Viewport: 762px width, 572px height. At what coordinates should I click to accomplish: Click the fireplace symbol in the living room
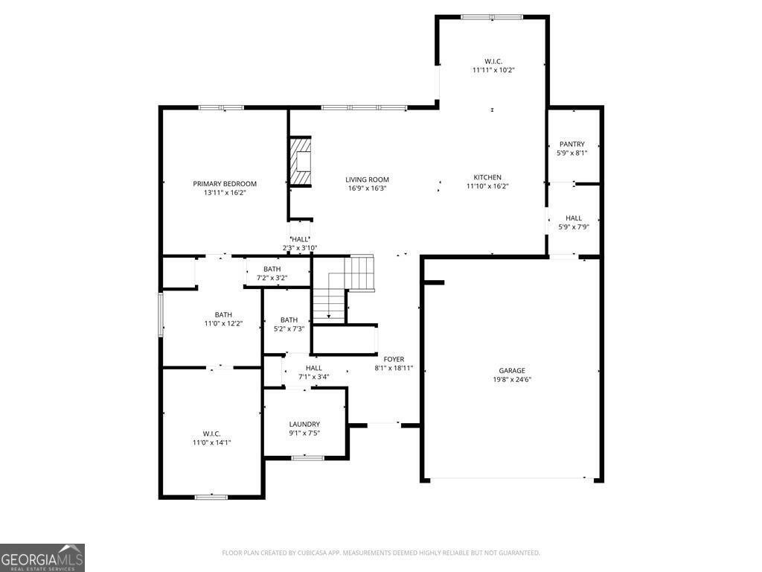pos(300,161)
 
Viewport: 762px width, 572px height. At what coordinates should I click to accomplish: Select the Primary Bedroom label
pos(225,184)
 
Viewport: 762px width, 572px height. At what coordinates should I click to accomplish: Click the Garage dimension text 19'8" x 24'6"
pos(511,379)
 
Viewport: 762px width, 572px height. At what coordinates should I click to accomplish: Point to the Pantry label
pos(572,144)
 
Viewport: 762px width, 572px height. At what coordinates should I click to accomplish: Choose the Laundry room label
pos(304,425)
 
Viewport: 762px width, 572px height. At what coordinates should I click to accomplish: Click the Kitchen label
pos(487,177)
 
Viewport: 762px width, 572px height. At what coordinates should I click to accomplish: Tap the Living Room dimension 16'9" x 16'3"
pos(367,188)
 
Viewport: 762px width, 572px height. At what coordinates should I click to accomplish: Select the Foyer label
pos(394,359)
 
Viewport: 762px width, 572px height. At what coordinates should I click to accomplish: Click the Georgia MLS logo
pos(42,558)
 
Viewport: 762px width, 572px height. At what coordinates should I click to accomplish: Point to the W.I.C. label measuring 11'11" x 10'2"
pos(493,61)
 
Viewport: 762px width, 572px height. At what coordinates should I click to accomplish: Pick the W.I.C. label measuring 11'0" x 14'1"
pos(211,433)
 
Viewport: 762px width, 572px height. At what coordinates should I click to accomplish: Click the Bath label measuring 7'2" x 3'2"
pos(272,269)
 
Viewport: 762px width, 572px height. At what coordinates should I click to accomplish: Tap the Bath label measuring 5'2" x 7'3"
pos(289,320)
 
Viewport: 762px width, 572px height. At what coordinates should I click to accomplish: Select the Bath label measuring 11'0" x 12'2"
pos(223,315)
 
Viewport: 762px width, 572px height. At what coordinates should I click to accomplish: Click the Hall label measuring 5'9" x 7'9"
pos(573,218)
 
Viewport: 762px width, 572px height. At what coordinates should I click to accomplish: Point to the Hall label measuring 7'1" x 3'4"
pos(313,368)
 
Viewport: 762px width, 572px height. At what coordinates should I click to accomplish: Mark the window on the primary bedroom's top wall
pos(221,108)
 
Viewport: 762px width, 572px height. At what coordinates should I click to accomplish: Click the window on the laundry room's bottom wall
pos(307,457)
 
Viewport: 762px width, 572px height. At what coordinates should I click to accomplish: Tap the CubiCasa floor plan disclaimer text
pos(381,553)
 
